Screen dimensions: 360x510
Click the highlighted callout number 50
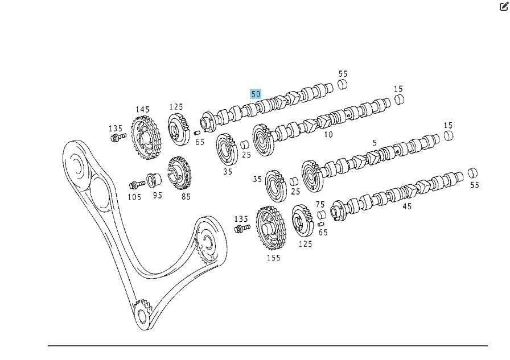point(256,94)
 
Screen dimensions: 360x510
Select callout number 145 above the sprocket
point(142,109)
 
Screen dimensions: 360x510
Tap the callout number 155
point(273,258)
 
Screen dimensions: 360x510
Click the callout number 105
point(134,197)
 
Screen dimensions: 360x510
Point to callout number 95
point(157,195)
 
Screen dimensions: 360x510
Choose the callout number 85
point(186,197)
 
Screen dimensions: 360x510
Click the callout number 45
point(406,206)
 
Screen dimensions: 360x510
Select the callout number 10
point(328,135)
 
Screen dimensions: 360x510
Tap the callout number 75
point(320,204)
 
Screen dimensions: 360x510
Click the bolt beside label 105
point(137,185)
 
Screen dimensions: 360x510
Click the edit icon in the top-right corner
point(503,7)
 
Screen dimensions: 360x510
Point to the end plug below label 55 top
point(342,85)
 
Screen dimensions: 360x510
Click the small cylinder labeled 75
point(320,216)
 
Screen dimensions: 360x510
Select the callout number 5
point(375,143)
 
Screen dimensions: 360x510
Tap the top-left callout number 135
point(116,129)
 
